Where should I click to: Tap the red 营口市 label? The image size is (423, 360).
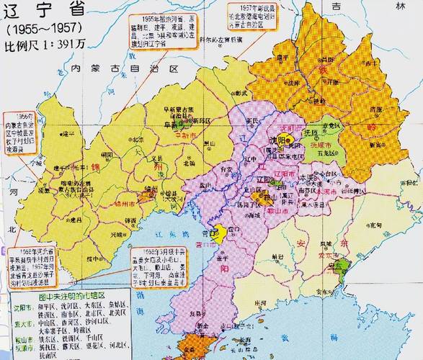[210, 245]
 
